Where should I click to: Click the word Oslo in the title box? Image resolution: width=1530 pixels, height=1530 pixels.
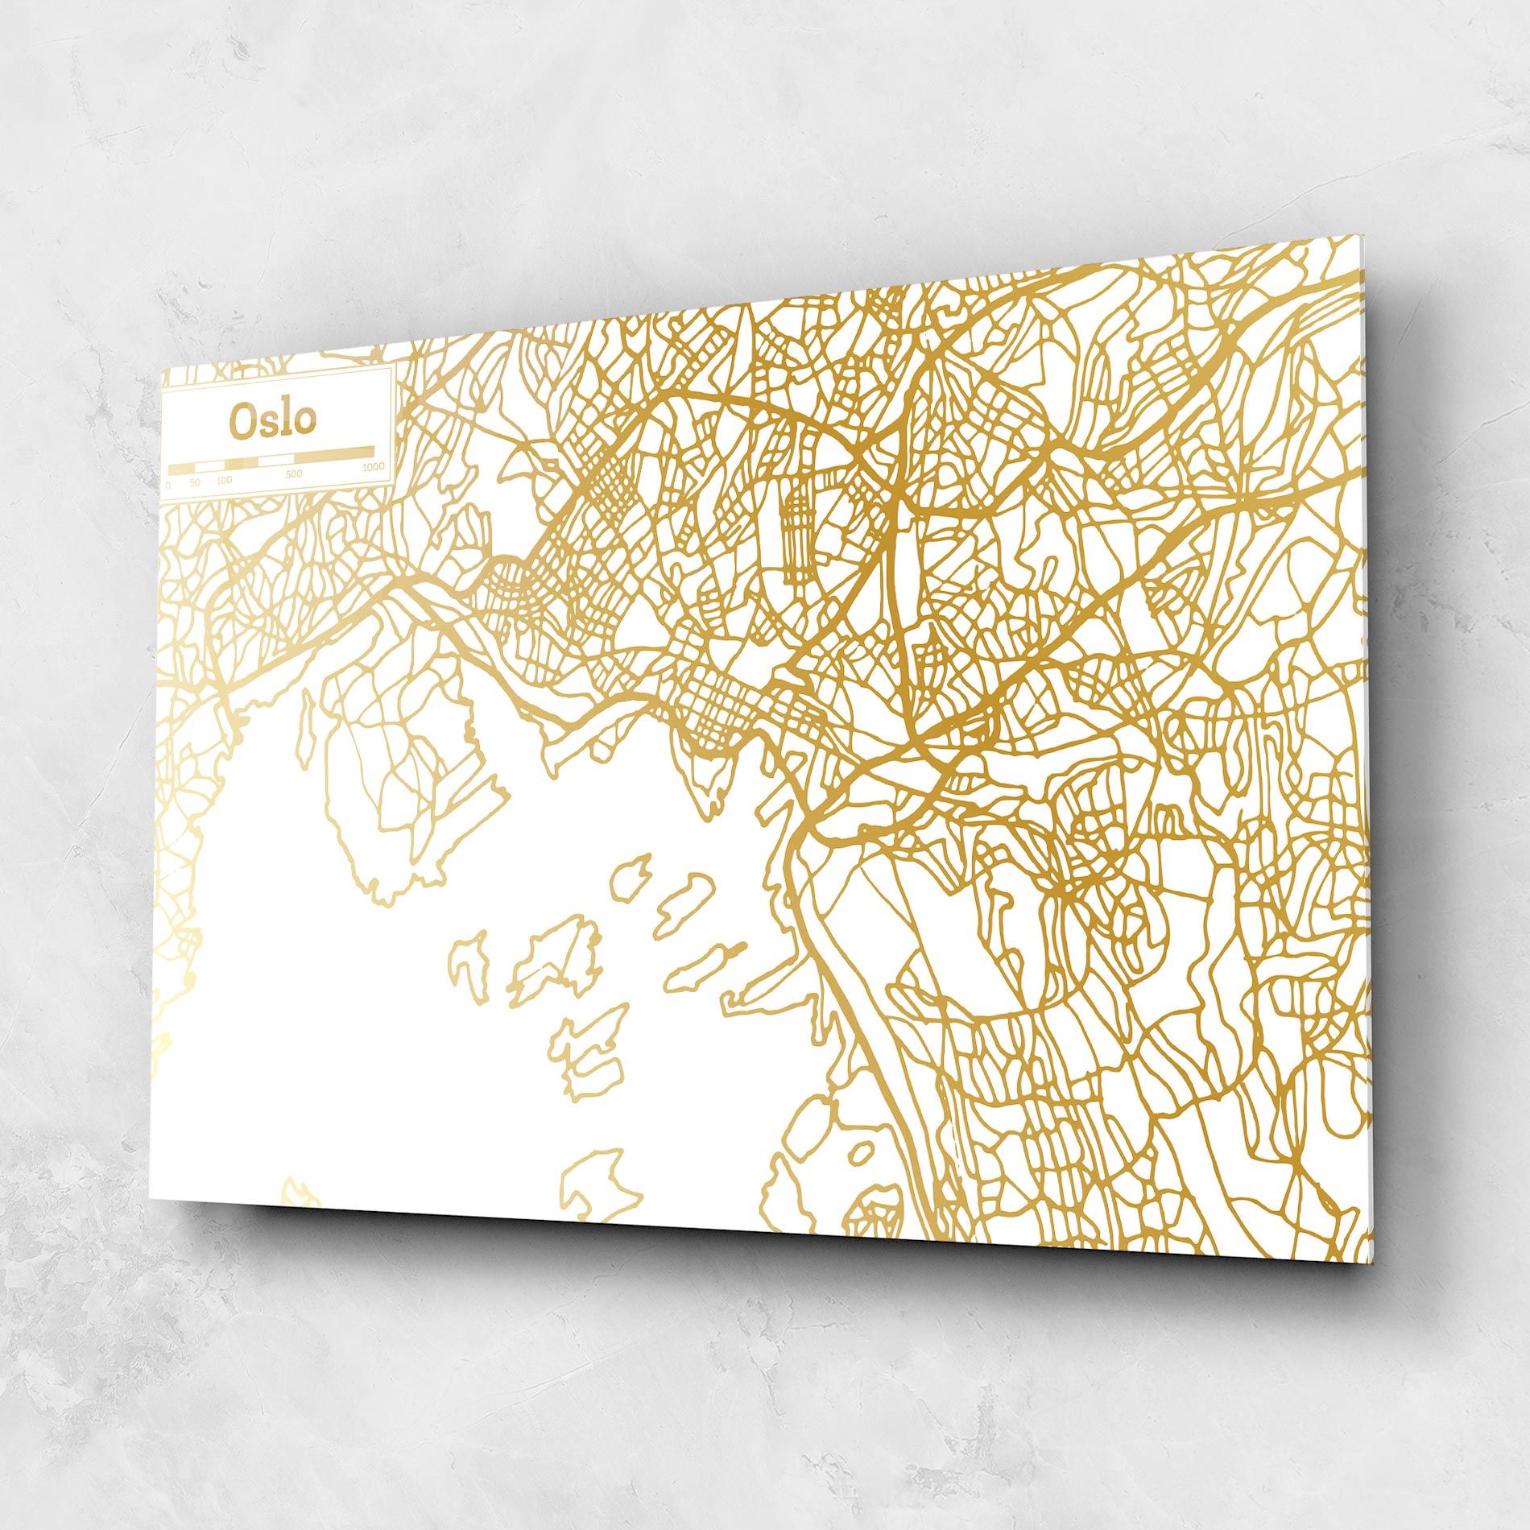click(x=272, y=420)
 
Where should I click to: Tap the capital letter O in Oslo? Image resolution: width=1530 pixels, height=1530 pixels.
click(x=242, y=421)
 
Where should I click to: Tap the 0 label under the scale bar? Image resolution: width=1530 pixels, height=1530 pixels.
click(x=167, y=485)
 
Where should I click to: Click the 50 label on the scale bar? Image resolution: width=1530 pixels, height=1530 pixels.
click(x=194, y=482)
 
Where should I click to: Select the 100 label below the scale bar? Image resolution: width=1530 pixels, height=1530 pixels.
click(x=224, y=480)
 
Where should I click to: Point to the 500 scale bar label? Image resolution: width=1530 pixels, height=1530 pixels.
click(x=294, y=474)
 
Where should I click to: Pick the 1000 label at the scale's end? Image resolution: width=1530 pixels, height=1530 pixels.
click(x=373, y=467)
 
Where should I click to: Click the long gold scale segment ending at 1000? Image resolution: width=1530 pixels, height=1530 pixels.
click(x=333, y=453)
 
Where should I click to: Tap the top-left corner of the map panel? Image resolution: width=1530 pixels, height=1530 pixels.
click(x=163, y=371)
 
